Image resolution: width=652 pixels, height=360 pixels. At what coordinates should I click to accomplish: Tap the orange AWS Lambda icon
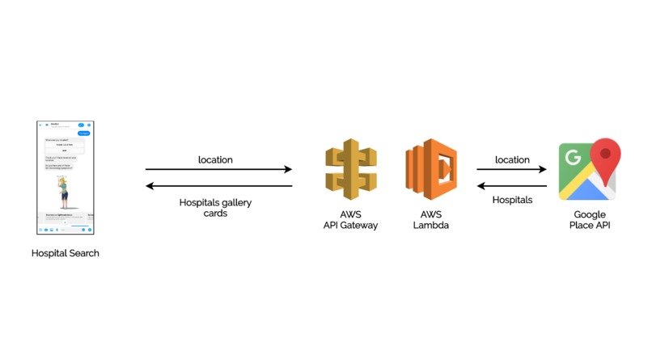click(x=430, y=170)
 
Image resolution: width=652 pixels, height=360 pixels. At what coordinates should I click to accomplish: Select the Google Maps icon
click(x=589, y=170)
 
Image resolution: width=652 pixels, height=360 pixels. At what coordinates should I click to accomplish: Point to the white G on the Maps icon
click(x=573, y=156)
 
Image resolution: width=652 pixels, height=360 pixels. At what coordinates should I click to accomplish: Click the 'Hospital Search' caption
click(x=66, y=253)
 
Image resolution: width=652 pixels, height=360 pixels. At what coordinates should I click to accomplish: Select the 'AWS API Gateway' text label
click(x=350, y=220)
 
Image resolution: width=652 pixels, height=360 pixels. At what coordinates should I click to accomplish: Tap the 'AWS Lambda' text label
click(x=430, y=220)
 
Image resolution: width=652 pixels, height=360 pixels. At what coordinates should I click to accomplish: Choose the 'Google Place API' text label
click(x=590, y=220)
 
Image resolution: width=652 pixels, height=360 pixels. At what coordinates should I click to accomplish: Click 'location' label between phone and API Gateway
click(x=215, y=159)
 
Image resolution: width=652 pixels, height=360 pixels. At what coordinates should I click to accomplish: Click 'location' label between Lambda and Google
click(x=512, y=159)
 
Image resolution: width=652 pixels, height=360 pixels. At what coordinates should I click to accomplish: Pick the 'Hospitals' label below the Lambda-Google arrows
click(x=512, y=200)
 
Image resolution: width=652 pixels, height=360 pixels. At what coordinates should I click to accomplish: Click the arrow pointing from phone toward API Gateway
click(x=218, y=170)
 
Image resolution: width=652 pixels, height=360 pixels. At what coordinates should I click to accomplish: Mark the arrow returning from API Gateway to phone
click(x=218, y=186)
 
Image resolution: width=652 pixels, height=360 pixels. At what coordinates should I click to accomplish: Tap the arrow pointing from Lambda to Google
click(x=511, y=170)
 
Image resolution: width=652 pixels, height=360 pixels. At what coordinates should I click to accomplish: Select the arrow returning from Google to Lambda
click(x=511, y=186)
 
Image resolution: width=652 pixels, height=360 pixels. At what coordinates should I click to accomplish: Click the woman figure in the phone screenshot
click(x=64, y=191)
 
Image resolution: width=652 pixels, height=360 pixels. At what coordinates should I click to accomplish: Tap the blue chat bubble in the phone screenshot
click(x=83, y=133)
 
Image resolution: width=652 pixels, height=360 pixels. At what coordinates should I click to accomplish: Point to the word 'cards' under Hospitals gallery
click(x=215, y=214)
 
